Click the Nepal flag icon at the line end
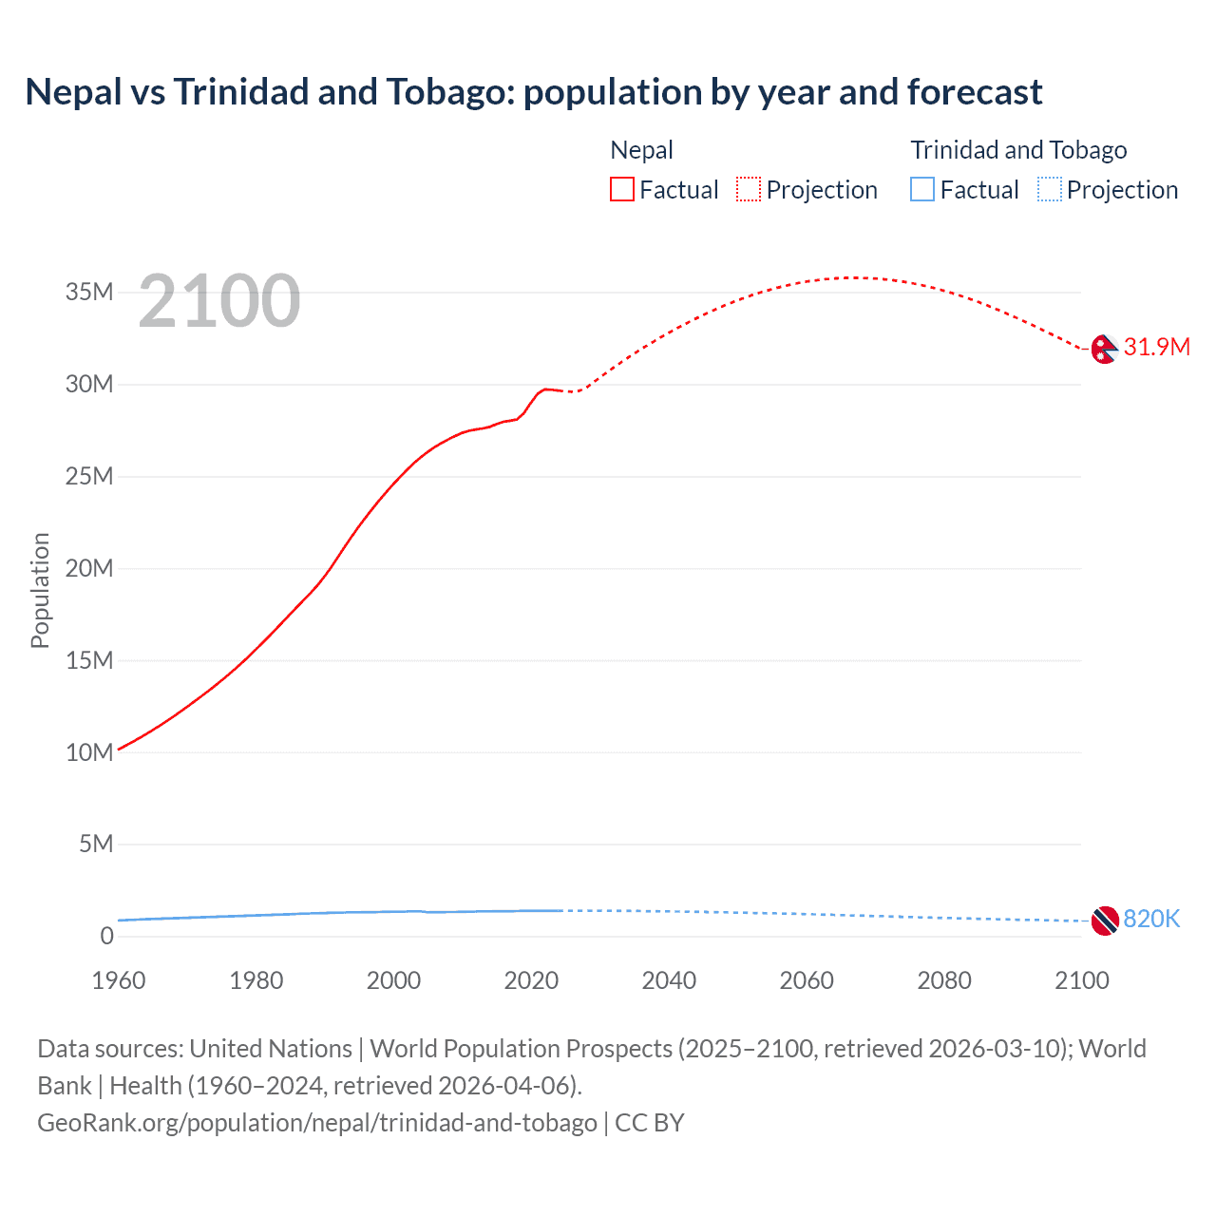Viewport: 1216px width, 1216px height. click(1104, 350)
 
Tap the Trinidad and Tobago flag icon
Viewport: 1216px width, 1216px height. click(1104, 920)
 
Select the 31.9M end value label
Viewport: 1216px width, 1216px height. click(1156, 347)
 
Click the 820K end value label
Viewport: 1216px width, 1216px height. click(1151, 919)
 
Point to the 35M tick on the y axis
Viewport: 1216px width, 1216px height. click(89, 292)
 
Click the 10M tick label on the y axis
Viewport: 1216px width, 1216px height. click(89, 752)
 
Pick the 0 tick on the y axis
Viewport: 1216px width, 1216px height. click(106, 936)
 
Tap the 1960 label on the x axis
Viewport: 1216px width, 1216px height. click(119, 980)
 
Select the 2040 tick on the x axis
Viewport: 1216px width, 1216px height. click(669, 980)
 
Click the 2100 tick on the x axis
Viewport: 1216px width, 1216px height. click(1081, 980)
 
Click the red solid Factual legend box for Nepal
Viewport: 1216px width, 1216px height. click(622, 190)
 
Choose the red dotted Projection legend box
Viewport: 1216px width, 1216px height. click(749, 190)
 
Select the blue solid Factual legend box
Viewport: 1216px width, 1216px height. click(922, 190)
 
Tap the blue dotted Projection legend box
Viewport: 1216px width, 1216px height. click(1050, 190)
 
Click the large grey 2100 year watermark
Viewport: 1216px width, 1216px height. click(219, 301)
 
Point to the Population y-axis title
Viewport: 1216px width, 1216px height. click(40, 590)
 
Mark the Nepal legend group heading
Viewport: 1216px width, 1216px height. click(641, 150)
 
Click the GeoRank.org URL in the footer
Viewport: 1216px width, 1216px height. click(317, 1122)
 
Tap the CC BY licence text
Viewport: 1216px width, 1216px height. click(650, 1122)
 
